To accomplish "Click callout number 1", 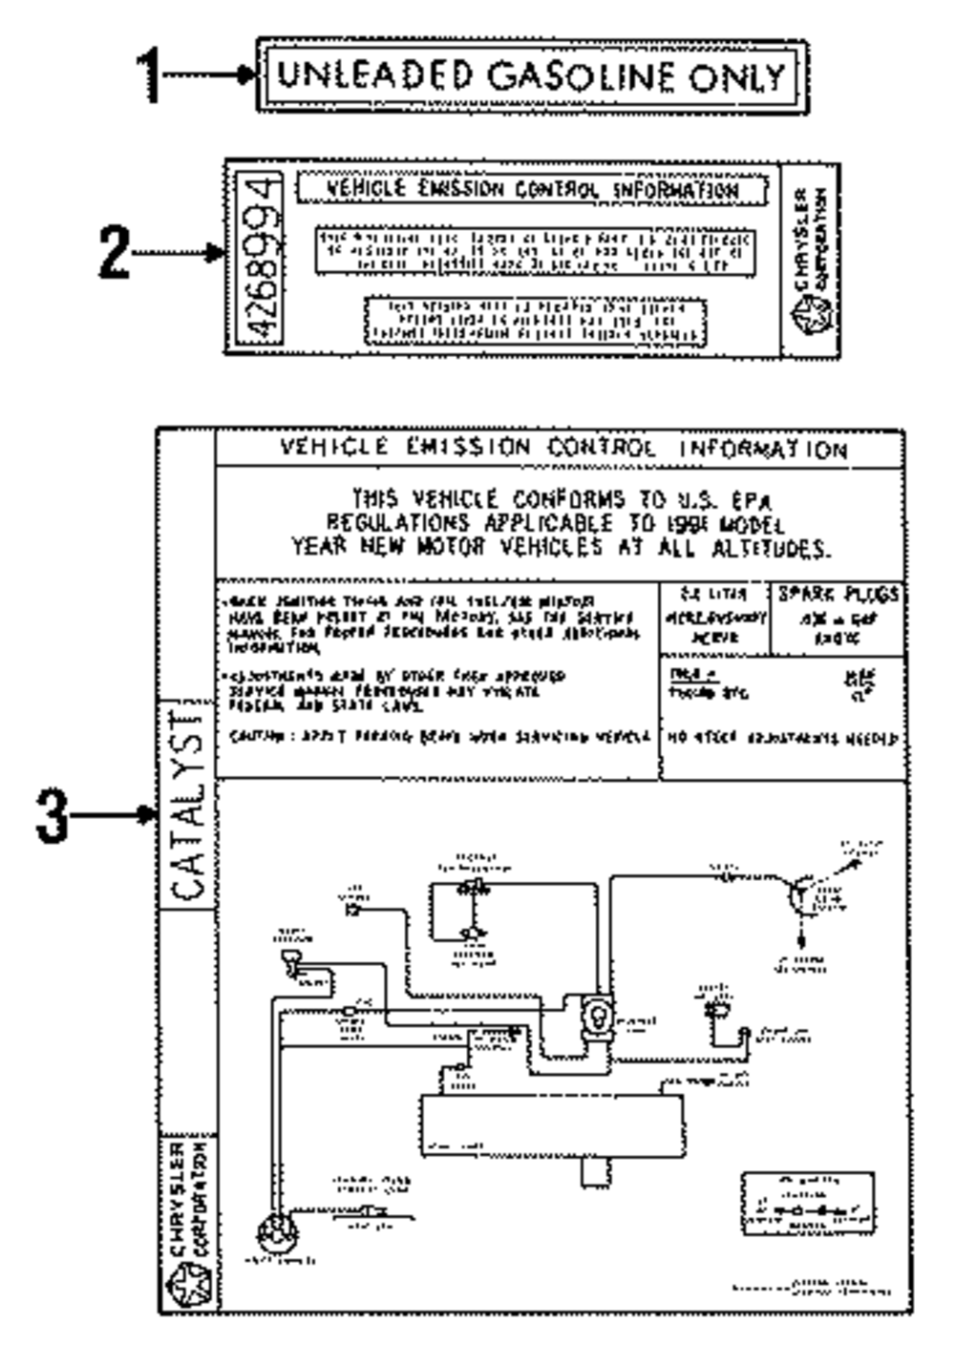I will pyautogui.click(x=147, y=75).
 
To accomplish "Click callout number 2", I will pyautogui.click(x=114, y=253).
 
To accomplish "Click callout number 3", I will pyautogui.click(x=53, y=815).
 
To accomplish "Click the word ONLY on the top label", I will pyautogui.click(x=740, y=75).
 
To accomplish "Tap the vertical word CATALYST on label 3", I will pyautogui.click(x=188, y=805).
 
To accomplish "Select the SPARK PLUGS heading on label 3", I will pyautogui.click(x=838, y=594).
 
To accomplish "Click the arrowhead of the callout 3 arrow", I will pyautogui.click(x=149, y=815).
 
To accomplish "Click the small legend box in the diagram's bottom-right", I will pyautogui.click(x=808, y=1204).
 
